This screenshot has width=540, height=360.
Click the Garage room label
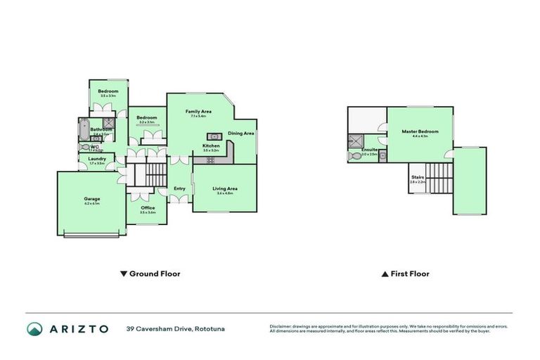pyautogui.click(x=91, y=199)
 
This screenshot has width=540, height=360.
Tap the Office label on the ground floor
pyautogui.click(x=148, y=208)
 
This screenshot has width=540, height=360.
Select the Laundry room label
pyautogui.click(x=97, y=159)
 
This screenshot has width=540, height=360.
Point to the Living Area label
pyautogui.click(x=225, y=188)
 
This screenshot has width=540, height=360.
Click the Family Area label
pyautogui.click(x=198, y=112)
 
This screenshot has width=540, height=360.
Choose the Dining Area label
pyautogui.click(x=240, y=133)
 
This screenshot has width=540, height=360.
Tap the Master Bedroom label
pyautogui.click(x=420, y=131)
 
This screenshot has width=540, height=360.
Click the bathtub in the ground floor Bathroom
pyautogui.click(x=84, y=130)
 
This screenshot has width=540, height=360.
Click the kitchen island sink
pyautogui.click(x=213, y=136)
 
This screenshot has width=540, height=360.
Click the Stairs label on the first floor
pyautogui.click(x=418, y=178)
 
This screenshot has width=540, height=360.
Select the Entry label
pyautogui.click(x=180, y=188)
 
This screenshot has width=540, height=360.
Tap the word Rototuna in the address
pyautogui.click(x=211, y=328)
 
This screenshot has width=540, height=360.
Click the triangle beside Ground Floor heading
pyautogui.click(x=124, y=274)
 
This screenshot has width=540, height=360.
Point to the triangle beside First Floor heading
pyautogui.click(x=385, y=274)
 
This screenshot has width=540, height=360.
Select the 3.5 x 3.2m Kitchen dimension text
pyautogui.click(x=211, y=150)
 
